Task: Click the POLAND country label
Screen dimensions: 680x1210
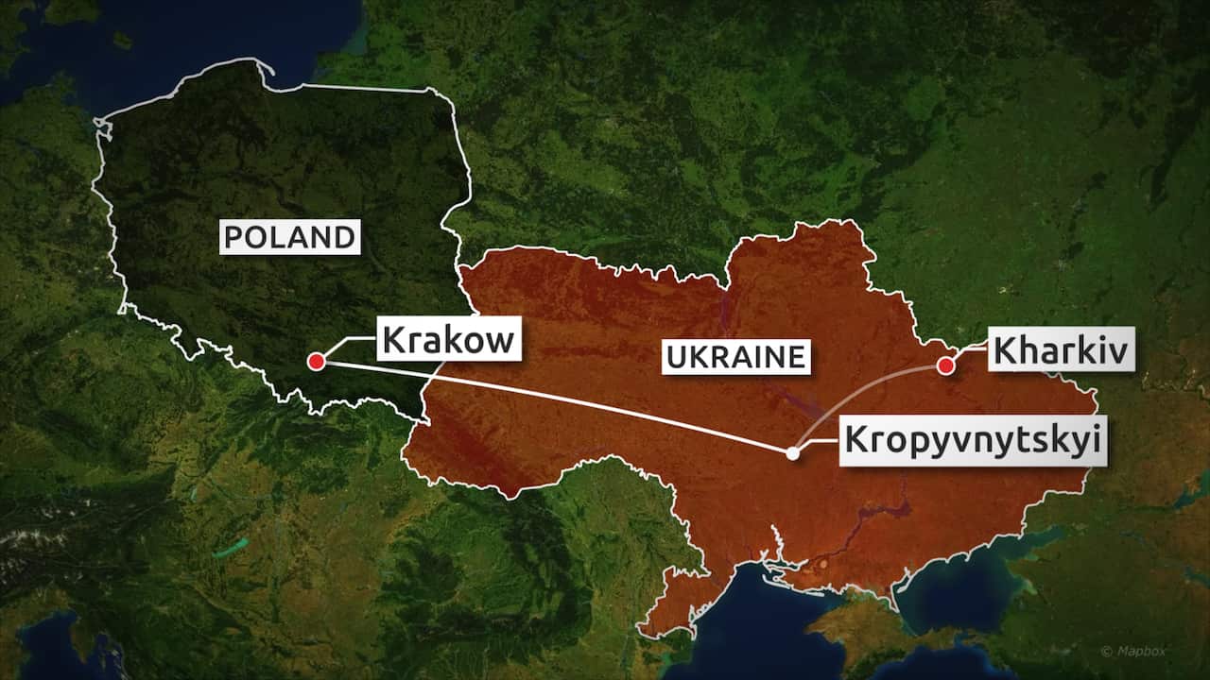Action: pyautogui.click(x=290, y=236)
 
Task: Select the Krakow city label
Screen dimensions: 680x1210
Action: pyautogui.click(x=449, y=338)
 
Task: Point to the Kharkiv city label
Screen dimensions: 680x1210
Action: pyautogui.click(x=1062, y=352)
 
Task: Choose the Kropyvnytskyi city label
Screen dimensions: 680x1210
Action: pyautogui.click(x=973, y=440)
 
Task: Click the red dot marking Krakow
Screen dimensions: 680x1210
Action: pyautogui.click(x=317, y=361)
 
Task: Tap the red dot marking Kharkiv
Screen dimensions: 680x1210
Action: pyautogui.click(x=944, y=365)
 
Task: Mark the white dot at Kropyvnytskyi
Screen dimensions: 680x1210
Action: pyautogui.click(x=792, y=453)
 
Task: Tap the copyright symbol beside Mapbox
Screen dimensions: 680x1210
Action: pyautogui.click(x=1107, y=651)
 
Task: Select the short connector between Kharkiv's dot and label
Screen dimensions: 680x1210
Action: pyautogui.click(x=969, y=353)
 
